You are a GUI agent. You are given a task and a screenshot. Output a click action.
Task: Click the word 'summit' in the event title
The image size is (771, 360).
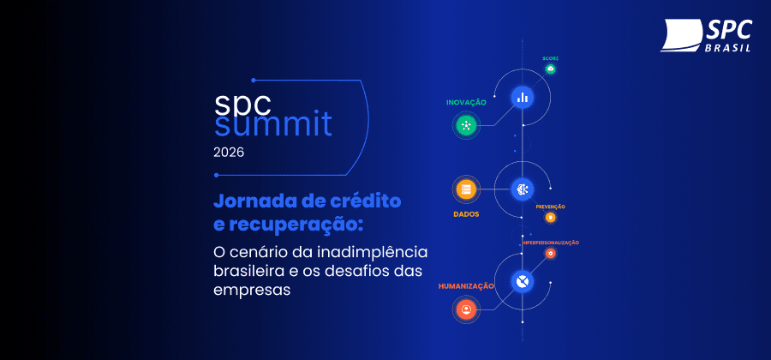click(x=272, y=126)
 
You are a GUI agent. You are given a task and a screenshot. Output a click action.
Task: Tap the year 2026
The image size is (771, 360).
click(x=229, y=153)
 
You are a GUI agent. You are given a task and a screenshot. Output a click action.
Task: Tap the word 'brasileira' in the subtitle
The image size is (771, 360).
click(x=253, y=271)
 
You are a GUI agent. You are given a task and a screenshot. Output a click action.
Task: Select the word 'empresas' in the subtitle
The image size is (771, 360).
click(x=252, y=291)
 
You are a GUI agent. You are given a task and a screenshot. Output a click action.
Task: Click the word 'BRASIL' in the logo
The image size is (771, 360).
click(x=729, y=49)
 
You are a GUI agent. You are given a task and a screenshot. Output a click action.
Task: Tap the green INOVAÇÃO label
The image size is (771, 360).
click(x=466, y=102)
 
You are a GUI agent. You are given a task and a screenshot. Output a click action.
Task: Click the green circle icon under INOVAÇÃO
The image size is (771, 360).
click(x=466, y=126)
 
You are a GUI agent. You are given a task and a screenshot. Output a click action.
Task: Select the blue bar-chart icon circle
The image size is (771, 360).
click(x=522, y=97)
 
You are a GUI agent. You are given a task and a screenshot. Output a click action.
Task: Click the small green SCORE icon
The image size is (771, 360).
click(x=551, y=69)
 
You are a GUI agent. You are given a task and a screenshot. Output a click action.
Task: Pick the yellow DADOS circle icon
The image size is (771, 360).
click(x=466, y=189)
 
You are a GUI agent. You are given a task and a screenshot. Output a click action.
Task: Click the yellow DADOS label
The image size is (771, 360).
click(x=466, y=214)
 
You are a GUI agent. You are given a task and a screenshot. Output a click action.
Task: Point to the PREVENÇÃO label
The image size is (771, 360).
click(x=550, y=207)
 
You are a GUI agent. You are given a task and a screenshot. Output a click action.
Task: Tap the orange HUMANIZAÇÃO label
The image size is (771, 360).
click(x=466, y=285)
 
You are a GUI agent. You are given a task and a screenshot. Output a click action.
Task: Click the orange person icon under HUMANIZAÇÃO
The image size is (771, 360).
click(x=466, y=308)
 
